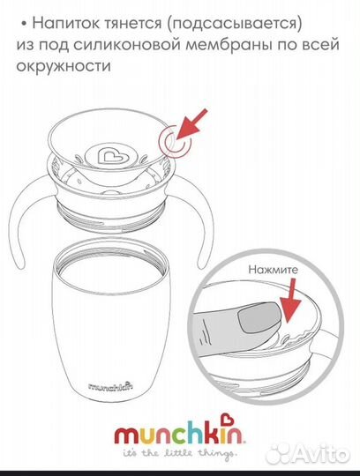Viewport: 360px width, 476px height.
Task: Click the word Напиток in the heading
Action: (x=66, y=23)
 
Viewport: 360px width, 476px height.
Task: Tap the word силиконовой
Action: (x=127, y=45)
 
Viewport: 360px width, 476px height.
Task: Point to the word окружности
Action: (x=64, y=65)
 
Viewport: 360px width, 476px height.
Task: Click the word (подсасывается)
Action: (x=234, y=24)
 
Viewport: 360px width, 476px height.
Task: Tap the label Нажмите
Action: (x=274, y=270)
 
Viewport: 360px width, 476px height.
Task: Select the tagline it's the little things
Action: (x=179, y=453)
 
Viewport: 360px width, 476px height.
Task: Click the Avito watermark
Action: (x=308, y=454)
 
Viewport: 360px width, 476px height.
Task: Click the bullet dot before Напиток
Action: (x=24, y=25)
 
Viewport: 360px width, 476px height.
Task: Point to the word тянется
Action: (x=133, y=24)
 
